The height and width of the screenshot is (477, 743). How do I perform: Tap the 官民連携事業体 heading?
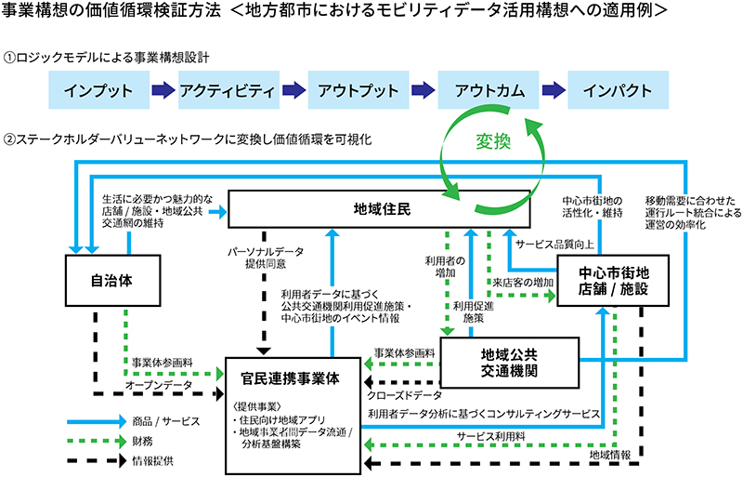click(x=293, y=379)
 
